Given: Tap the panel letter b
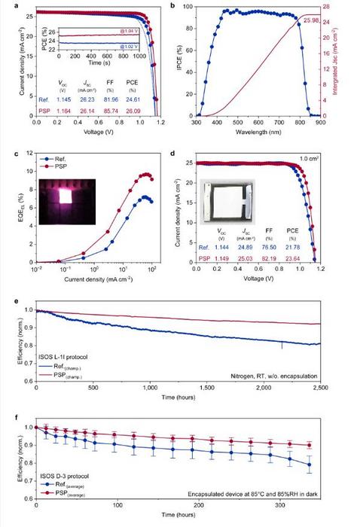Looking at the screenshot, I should click(193, 6).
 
